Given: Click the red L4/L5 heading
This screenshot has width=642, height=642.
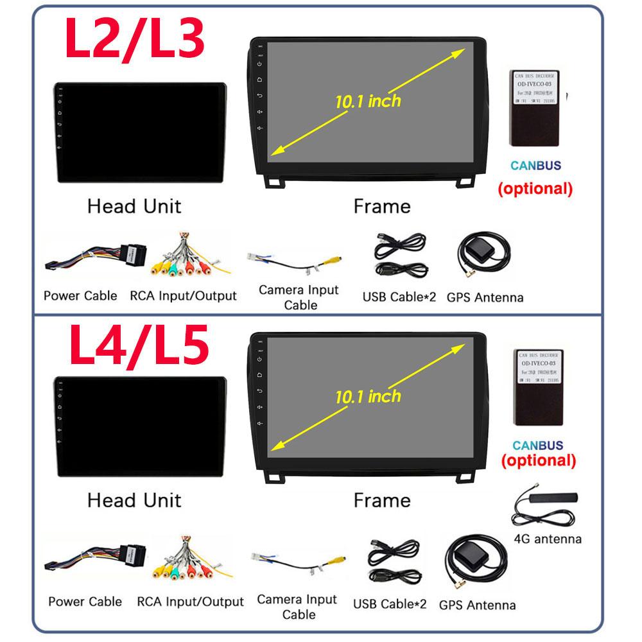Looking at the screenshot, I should coord(138,348).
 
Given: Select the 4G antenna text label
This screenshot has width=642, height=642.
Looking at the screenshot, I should coord(548,539).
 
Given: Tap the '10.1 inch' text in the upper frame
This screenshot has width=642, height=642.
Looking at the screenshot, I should coord(367,101).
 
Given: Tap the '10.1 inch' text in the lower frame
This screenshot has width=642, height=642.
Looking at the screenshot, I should coord(367,395).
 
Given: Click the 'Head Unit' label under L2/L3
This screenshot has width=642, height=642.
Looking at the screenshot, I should coord(134,206).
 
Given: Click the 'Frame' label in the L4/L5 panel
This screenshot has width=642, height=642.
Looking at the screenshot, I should coord(382,500).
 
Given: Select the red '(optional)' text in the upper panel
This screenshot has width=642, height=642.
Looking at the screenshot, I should coord(535,189).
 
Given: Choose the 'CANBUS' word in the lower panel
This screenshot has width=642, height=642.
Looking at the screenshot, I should coord(538,445).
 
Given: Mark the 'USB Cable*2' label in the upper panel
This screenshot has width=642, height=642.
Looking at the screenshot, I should coord(399,297).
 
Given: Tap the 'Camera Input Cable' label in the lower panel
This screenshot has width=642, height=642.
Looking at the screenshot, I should coord(297,607).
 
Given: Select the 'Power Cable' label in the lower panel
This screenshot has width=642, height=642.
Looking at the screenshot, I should coord(85,602).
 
